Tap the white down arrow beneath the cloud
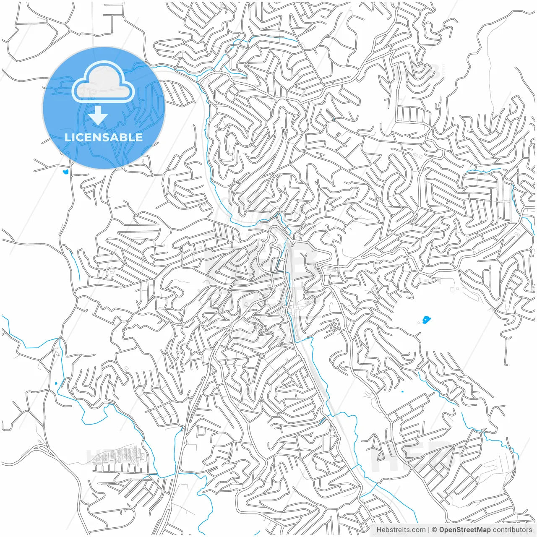tap(98, 115)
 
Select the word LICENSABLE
tap(104, 137)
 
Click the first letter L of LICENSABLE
tap(68, 137)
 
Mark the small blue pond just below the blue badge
tap(65, 171)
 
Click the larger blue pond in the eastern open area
tap(427, 320)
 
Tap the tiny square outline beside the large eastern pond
tap(420, 322)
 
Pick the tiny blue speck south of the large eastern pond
tap(402, 392)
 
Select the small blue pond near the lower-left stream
tap(56, 383)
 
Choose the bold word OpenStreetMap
tap(465, 530)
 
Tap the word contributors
tap(512, 530)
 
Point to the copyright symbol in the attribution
tap(435, 530)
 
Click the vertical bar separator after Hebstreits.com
tap(429, 530)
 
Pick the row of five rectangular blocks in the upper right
tap(413, 114)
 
